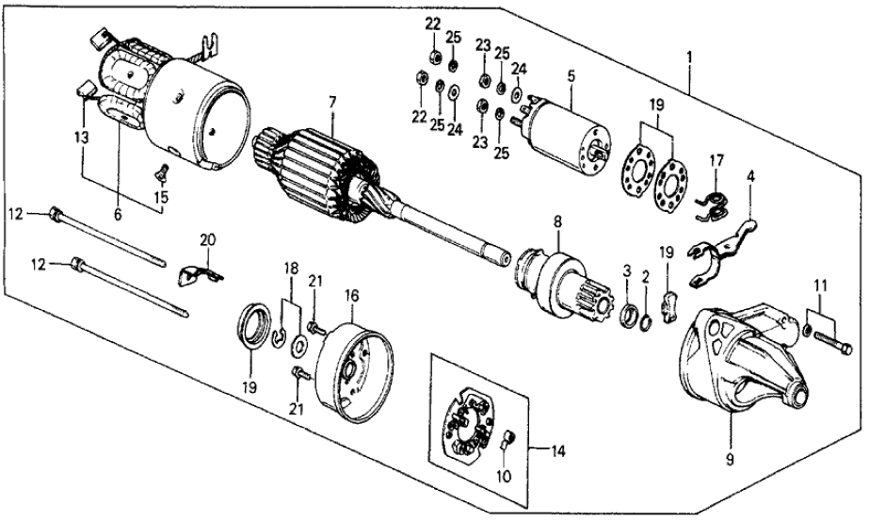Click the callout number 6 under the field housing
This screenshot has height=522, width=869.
point(119,214)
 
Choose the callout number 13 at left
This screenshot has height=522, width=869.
point(84,137)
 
